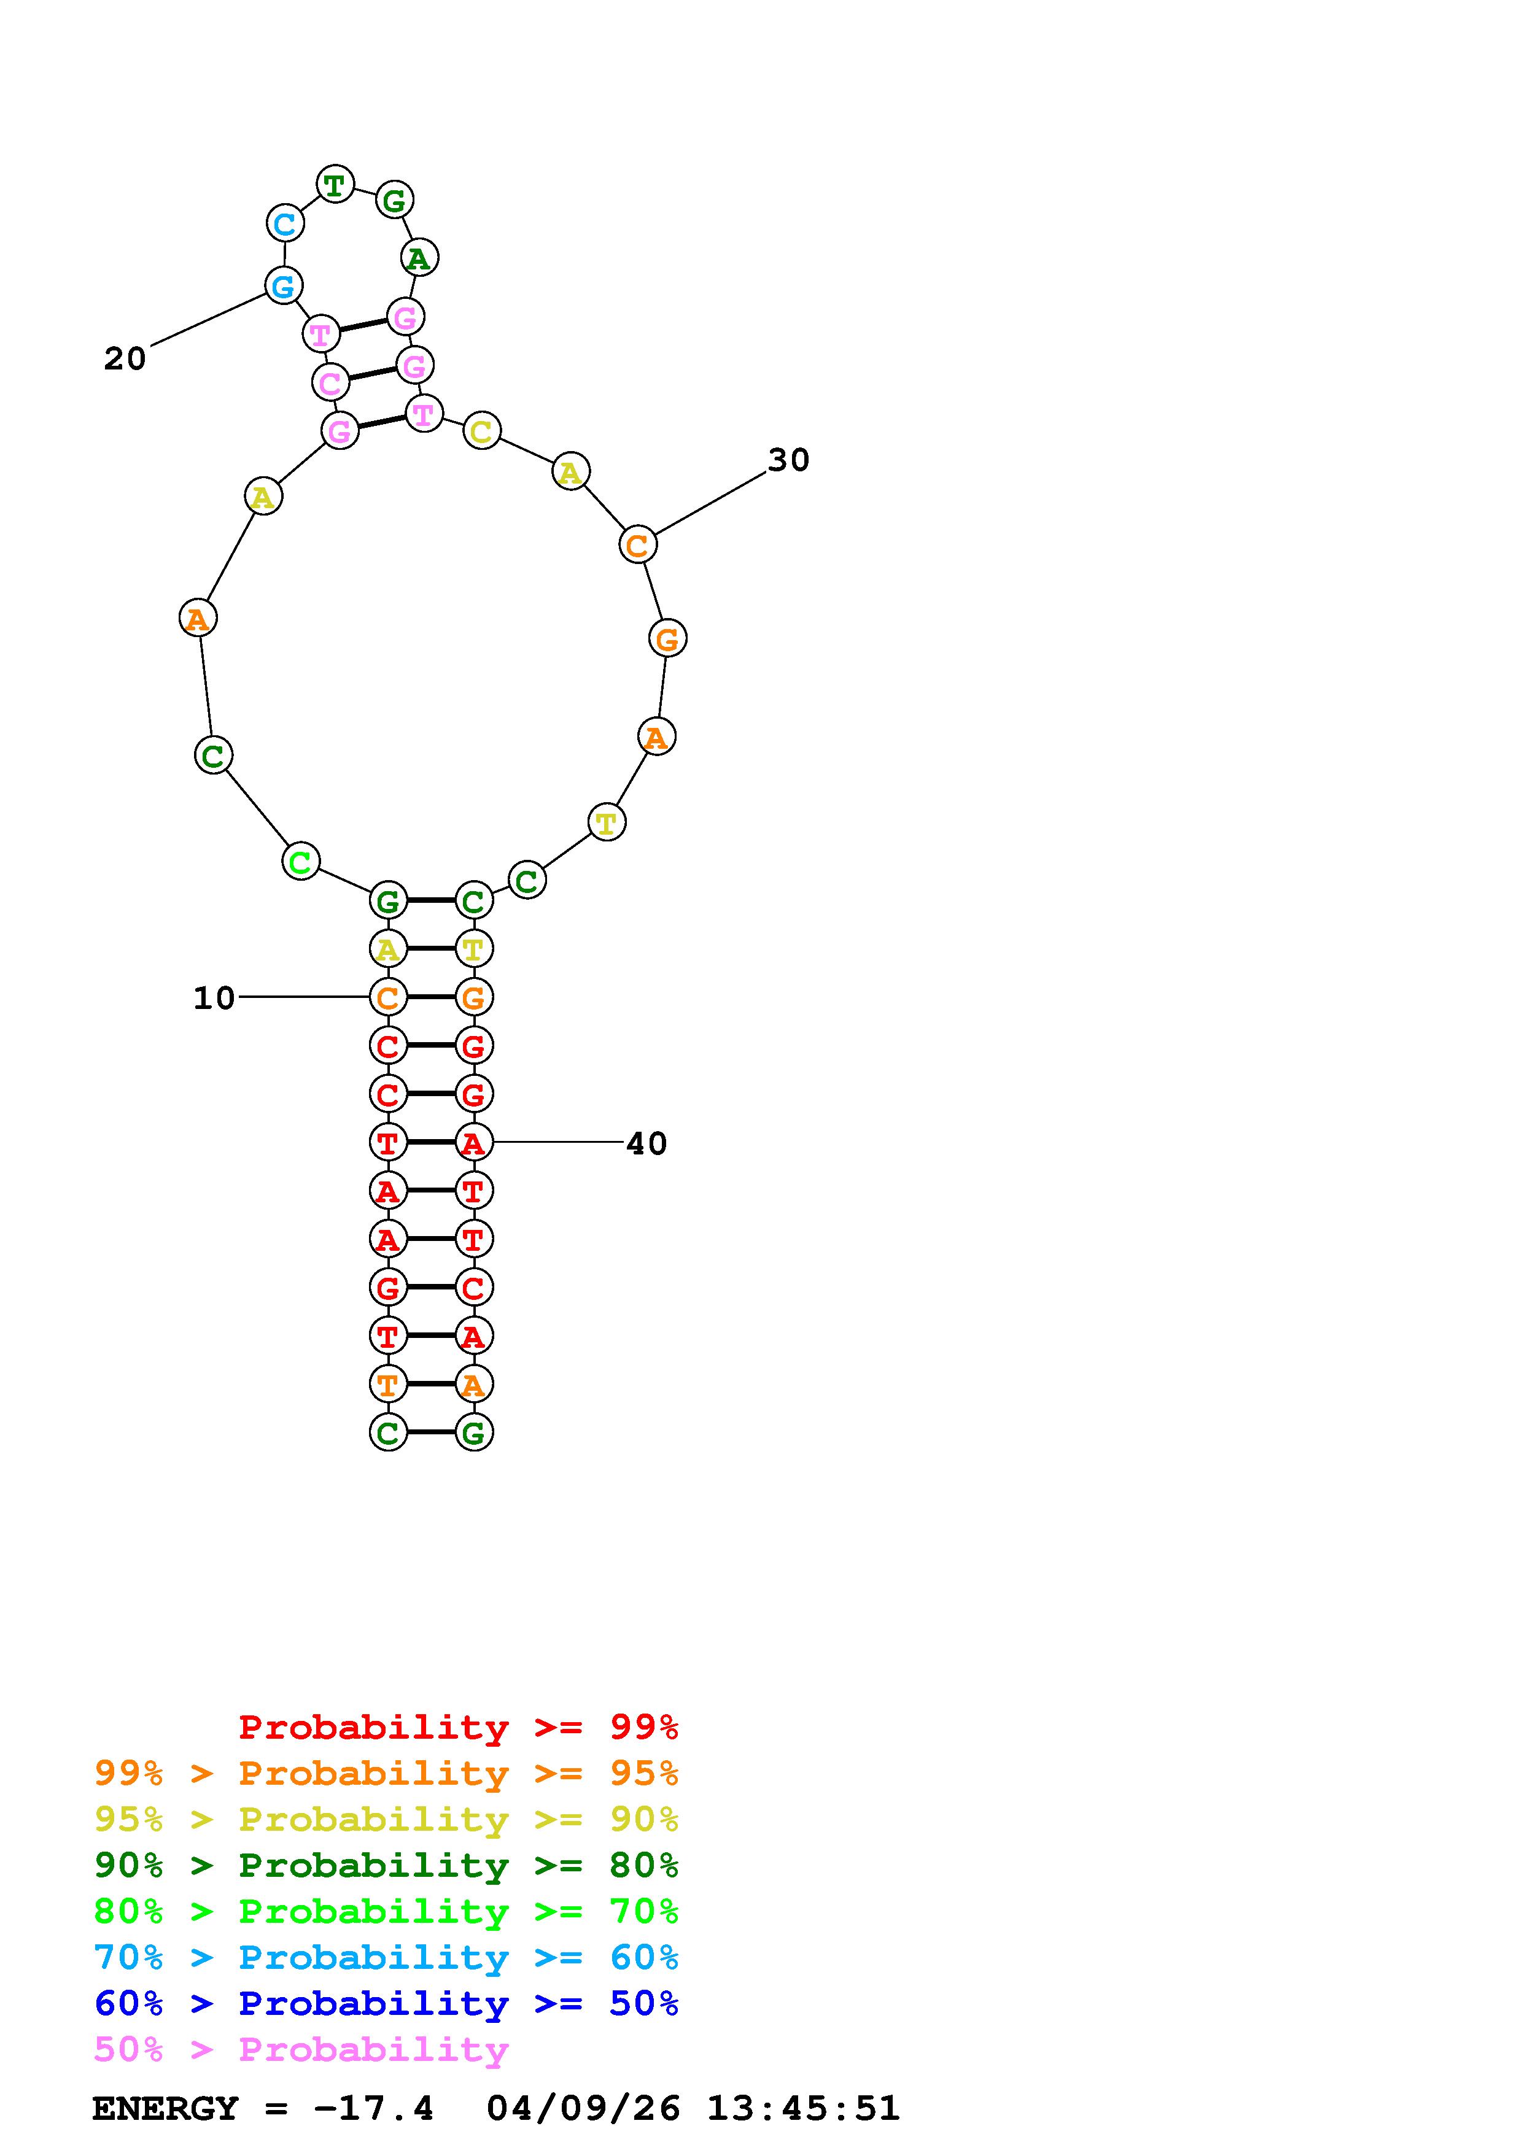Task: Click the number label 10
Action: click(x=214, y=998)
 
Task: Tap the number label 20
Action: click(x=125, y=358)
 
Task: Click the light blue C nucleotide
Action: click(x=284, y=224)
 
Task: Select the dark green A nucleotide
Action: click(x=419, y=257)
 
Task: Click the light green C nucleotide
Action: click(x=300, y=861)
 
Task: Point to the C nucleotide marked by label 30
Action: click(x=638, y=545)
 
